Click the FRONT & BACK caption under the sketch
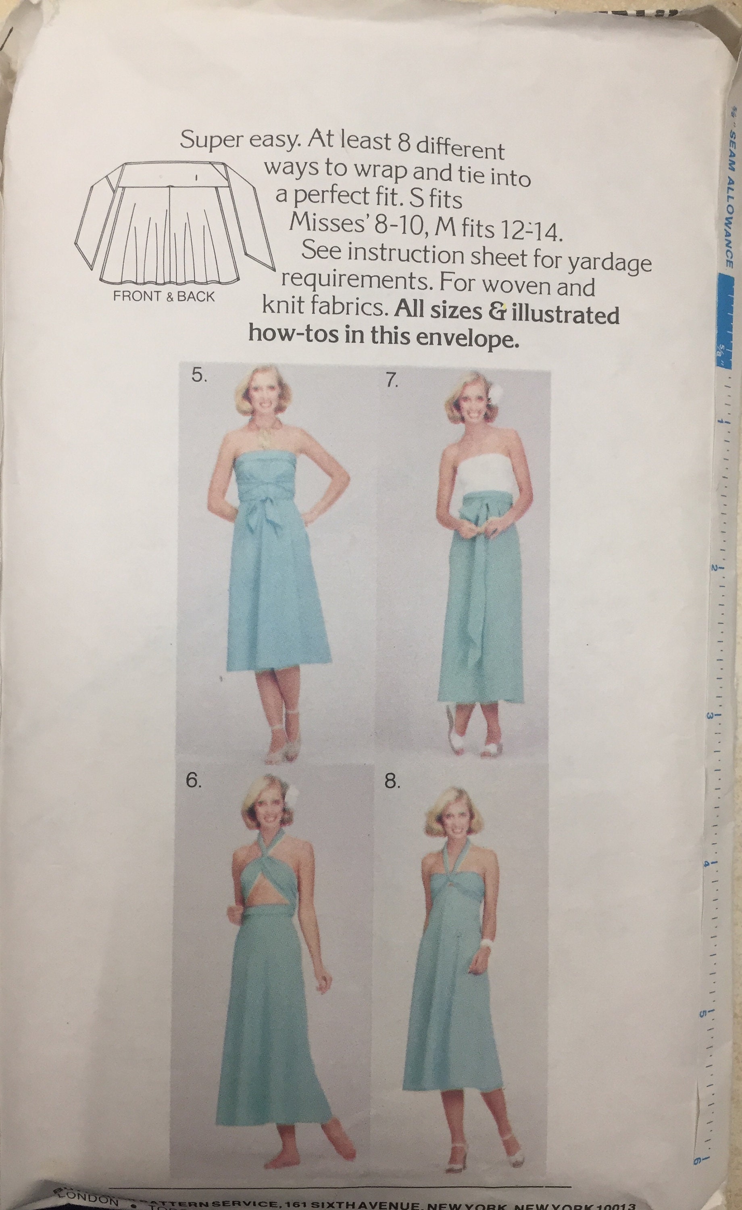(x=164, y=296)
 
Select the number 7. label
(x=392, y=382)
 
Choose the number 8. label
(x=392, y=795)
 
